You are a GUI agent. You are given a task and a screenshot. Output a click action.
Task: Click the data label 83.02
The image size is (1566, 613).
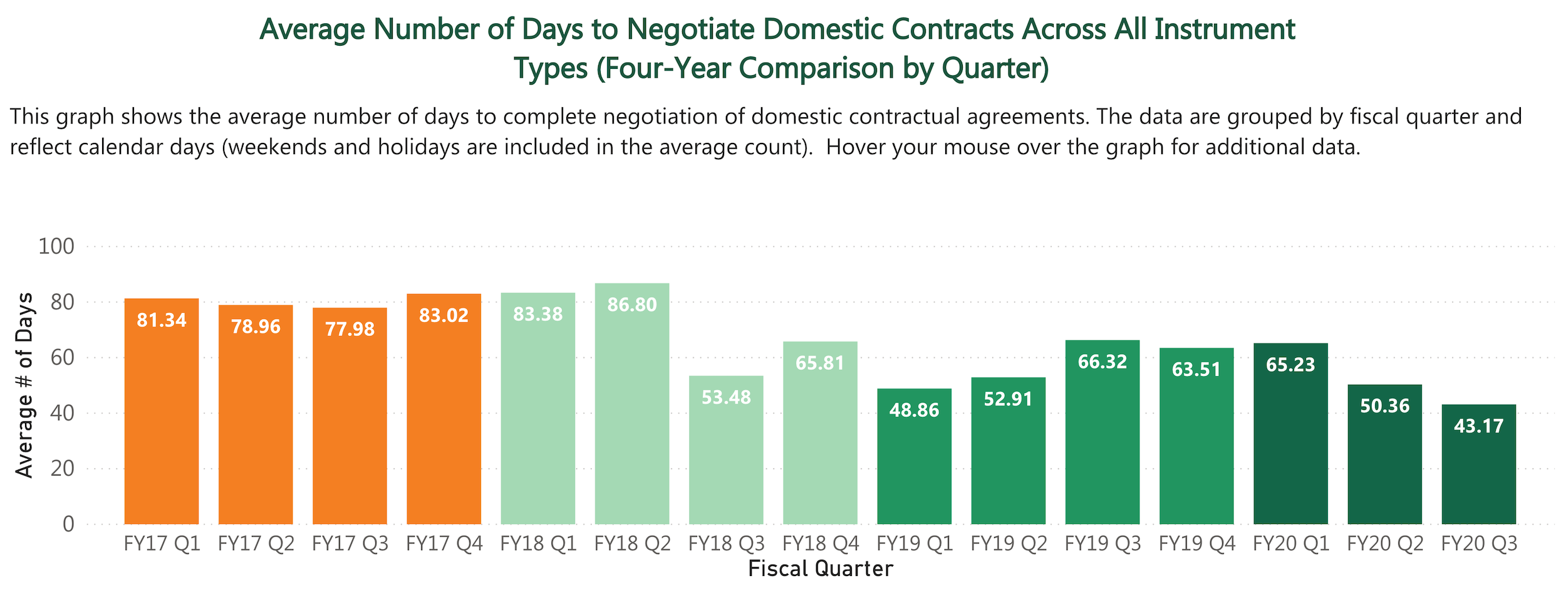[443, 315]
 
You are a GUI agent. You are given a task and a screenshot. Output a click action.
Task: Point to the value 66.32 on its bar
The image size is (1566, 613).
[1102, 362]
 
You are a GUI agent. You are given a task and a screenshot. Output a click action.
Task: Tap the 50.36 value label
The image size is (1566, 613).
[1384, 406]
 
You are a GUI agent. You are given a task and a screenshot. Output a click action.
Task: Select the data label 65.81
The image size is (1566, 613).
[820, 363]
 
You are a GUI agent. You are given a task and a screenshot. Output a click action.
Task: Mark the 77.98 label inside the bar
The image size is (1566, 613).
[350, 329]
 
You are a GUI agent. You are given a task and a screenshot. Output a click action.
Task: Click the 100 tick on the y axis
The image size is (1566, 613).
[56, 246]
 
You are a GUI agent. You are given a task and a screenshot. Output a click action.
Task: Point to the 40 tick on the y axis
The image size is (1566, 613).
[62, 413]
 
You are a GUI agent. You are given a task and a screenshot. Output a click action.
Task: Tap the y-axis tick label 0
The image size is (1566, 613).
[68, 524]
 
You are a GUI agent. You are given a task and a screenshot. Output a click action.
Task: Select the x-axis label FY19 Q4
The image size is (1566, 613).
[1196, 543]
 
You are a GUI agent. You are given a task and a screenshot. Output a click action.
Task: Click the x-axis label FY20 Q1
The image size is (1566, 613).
[1290, 543]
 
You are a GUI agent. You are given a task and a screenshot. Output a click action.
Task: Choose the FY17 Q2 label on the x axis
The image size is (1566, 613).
[256, 543]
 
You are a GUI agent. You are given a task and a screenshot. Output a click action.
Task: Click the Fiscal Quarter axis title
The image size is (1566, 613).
[820, 568]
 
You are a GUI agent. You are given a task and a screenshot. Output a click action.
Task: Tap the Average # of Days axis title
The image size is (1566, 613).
[24, 385]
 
